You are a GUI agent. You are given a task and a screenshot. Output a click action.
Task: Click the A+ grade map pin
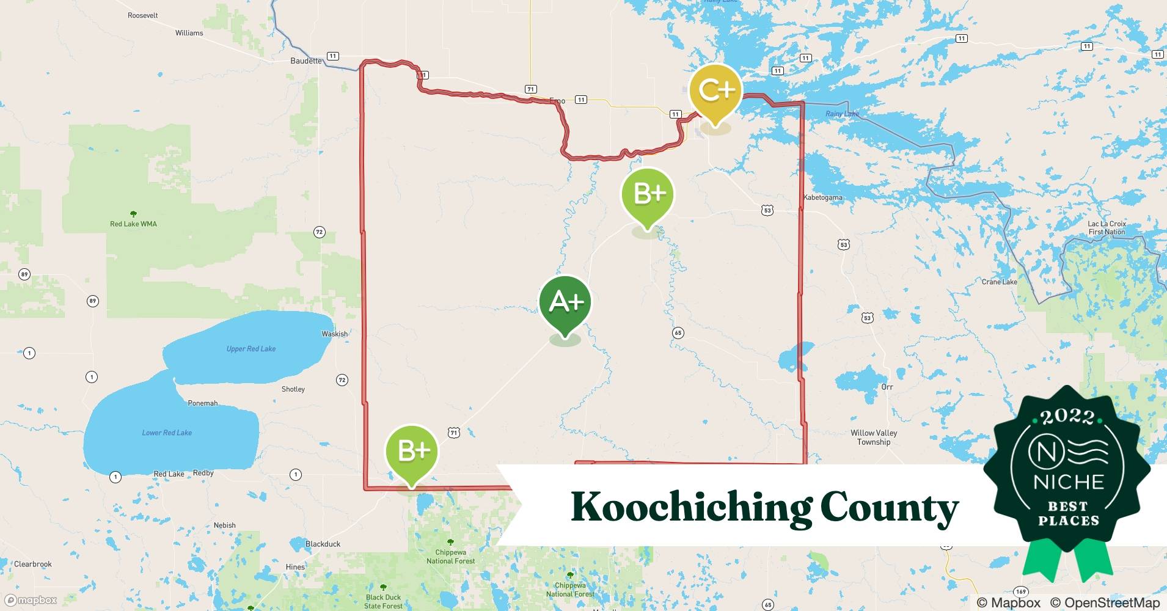pyautogui.click(x=565, y=302)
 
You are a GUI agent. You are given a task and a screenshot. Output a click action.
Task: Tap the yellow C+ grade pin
pyautogui.click(x=715, y=91)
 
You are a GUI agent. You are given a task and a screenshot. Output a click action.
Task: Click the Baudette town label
pyautogui.click(x=306, y=61)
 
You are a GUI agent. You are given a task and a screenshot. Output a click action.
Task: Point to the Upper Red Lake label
pyautogui.click(x=251, y=349)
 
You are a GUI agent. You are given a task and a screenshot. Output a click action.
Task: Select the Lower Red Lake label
pyautogui.click(x=167, y=433)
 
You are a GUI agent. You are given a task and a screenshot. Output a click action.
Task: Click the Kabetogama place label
pyautogui.click(x=822, y=197)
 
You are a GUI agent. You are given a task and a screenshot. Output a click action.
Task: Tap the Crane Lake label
pyautogui.click(x=999, y=282)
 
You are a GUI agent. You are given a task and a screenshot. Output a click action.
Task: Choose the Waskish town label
pyautogui.click(x=334, y=334)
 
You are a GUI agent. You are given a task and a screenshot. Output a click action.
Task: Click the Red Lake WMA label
pyautogui.click(x=133, y=224)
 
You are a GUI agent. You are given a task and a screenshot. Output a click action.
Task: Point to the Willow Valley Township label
pyautogui.click(x=874, y=437)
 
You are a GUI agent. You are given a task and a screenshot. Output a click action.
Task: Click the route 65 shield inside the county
pyautogui.click(x=678, y=333)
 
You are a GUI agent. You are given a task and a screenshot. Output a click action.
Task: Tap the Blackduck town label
pyautogui.click(x=323, y=544)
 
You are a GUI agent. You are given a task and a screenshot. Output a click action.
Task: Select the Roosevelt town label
pyautogui.click(x=143, y=15)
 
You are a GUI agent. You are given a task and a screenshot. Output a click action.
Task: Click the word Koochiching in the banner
pyautogui.click(x=690, y=508)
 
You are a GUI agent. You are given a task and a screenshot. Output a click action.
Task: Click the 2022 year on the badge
pyautogui.click(x=1067, y=417)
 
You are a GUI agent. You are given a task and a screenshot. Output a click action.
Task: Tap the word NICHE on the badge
pyautogui.click(x=1069, y=481)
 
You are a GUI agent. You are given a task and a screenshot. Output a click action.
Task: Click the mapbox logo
pyautogui.click(x=31, y=600)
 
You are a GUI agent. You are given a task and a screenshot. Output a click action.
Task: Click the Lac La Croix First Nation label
pyautogui.click(x=1107, y=228)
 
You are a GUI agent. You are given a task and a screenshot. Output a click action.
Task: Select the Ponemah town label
pyautogui.click(x=202, y=403)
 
